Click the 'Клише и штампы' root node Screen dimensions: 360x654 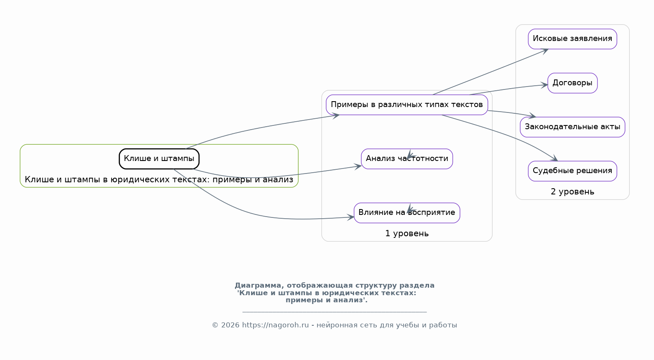click(x=159, y=159)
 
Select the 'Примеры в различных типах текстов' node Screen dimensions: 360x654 click(x=406, y=105)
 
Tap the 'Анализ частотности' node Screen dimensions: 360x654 click(x=406, y=159)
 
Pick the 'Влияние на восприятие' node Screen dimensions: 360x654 click(x=406, y=213)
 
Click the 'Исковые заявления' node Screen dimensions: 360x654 click(x=572, y=39)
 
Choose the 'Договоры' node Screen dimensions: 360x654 click(x=572, y=83)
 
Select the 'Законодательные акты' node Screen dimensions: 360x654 click(x=572, y=127)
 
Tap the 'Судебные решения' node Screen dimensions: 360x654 click(x=572, y=171)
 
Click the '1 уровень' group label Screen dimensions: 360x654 click(x=406, y=234)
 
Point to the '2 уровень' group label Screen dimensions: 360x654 click(x=572, y=192)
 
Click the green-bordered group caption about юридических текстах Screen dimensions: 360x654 click(x=159, y=180)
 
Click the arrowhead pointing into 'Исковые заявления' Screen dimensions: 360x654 click(x=545, y=51)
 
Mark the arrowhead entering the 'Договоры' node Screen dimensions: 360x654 click(x=544, y=85)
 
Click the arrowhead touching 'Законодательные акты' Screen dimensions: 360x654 click(x=532, y=115)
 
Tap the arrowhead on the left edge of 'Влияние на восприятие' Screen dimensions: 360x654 click(x=351, y=217)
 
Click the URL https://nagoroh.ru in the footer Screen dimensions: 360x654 click(x=275, y=325)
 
